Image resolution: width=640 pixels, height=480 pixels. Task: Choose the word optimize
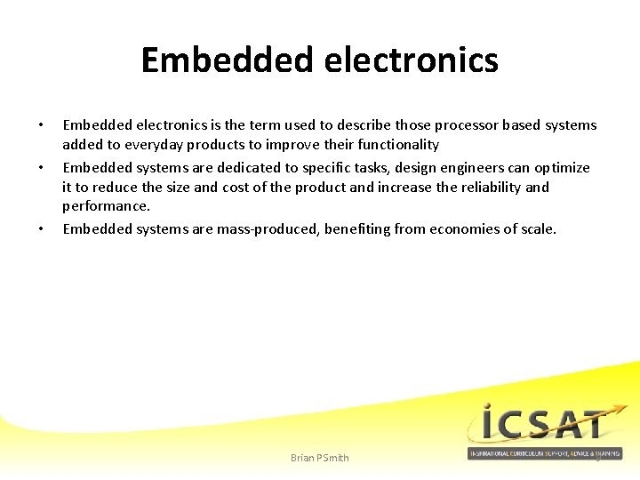tap(562, 168)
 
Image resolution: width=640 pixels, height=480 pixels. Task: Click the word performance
tap(105, 206)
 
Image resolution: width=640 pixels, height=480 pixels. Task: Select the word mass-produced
tap(268, 229)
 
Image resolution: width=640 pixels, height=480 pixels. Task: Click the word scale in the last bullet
tap(536, 229)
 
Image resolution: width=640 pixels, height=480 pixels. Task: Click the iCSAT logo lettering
tap(544, 425)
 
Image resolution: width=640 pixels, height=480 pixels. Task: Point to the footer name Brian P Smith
tap(320, 458)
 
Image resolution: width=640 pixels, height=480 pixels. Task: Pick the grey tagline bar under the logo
tap(544, 454)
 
